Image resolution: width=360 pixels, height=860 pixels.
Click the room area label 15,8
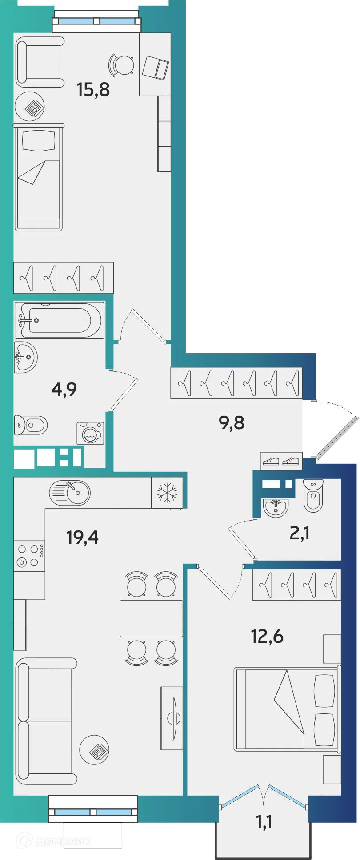point(93,89)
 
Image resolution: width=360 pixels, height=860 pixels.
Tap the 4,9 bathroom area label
point(64,389)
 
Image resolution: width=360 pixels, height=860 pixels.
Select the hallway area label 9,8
point(232,422)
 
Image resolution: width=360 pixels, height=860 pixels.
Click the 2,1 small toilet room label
point(300,533)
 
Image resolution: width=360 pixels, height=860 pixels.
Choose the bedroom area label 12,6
point(267,636)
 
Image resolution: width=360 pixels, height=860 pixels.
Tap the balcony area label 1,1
point(264,822)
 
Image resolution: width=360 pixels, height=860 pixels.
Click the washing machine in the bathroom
point(91,434)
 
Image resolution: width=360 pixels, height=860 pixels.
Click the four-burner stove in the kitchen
point(29,556)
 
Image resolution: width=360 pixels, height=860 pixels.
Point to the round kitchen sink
point(70,493)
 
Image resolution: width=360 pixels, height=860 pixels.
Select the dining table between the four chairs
point(151,618)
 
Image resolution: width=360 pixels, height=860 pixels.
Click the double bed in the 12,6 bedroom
point(287,709)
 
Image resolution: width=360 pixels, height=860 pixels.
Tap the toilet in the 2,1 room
point(313,495)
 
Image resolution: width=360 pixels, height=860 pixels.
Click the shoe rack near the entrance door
point(281,462)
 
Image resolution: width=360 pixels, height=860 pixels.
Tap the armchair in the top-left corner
point(40,62)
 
